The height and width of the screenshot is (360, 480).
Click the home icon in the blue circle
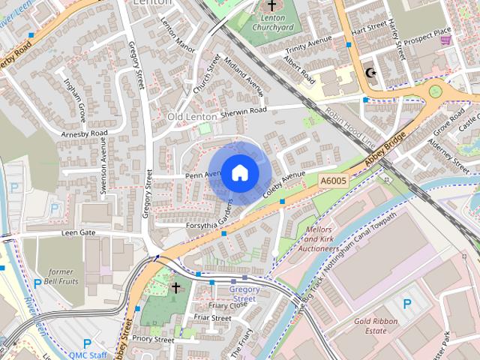tap(239, 172)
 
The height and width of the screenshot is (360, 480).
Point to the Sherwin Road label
tap(244, 112)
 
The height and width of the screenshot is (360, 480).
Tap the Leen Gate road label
tap(78, 233)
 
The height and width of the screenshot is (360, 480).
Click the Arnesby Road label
tap(85, 133)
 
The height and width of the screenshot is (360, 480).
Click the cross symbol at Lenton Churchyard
tap(271, 6)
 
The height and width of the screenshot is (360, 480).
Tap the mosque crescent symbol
tap(369, 73)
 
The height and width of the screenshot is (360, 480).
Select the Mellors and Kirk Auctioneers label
tap(319, 237)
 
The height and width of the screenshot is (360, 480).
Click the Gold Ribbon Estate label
tap(376, 325)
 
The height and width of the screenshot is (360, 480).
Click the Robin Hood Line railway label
tap(349, 126)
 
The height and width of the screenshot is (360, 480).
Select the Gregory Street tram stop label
tap(243, 293)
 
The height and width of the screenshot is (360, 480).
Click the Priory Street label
tap(153, 340)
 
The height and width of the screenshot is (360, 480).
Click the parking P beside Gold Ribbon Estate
tap(407, 304)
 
